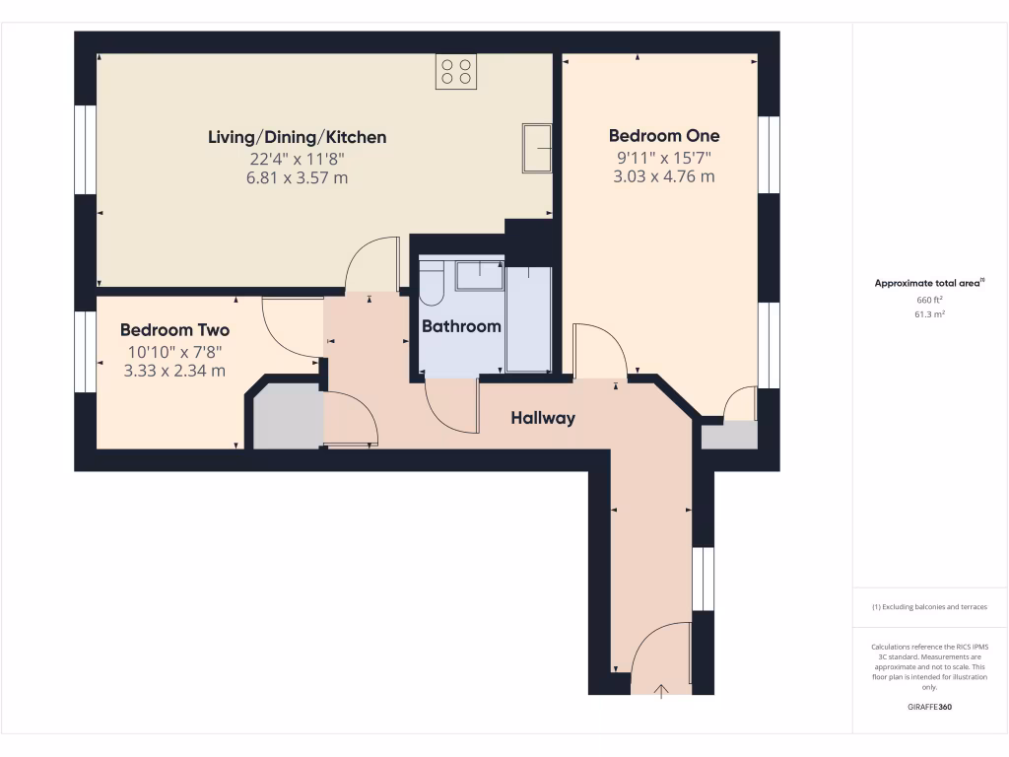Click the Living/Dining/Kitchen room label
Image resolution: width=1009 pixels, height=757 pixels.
pos(297,137)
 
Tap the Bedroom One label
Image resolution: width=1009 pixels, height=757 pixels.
pos(663,136)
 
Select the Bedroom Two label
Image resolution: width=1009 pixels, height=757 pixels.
pos(174,330)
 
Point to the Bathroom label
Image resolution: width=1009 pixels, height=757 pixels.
pos(461,325)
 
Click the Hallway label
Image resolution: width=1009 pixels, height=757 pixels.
pos(542,418)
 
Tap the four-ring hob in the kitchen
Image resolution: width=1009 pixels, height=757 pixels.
pos(456,72)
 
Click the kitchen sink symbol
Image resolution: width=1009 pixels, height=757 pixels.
pos(538,148)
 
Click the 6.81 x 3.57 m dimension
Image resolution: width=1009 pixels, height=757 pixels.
pos(297,178)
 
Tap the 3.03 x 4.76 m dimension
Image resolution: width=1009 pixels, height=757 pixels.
pos(663,177)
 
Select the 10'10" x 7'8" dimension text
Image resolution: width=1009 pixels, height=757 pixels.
pos(174,351)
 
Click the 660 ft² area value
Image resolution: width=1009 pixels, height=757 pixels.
pos(929,300)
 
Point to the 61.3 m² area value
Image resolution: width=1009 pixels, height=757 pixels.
pos(929,314)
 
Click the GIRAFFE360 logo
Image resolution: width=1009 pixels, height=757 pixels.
pos(929,707)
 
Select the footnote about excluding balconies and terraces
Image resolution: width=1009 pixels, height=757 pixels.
pos(929,607)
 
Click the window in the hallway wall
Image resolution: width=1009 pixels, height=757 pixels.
pos(702,579)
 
